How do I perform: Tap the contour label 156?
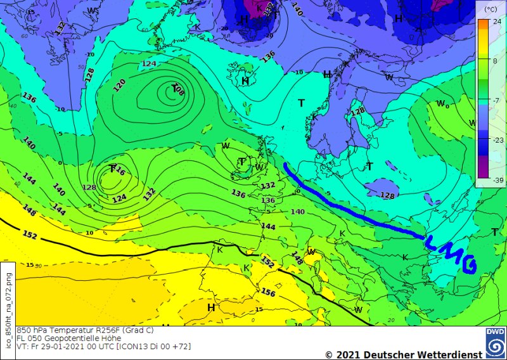pyautogui.click(x=269, y=292)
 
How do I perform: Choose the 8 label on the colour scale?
pyautogui.click(x=491, y=60)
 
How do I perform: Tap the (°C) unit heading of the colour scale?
pyautogui.click(x=490, y=10)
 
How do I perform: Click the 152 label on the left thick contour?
pyautogui.click(x=30, y=235)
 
